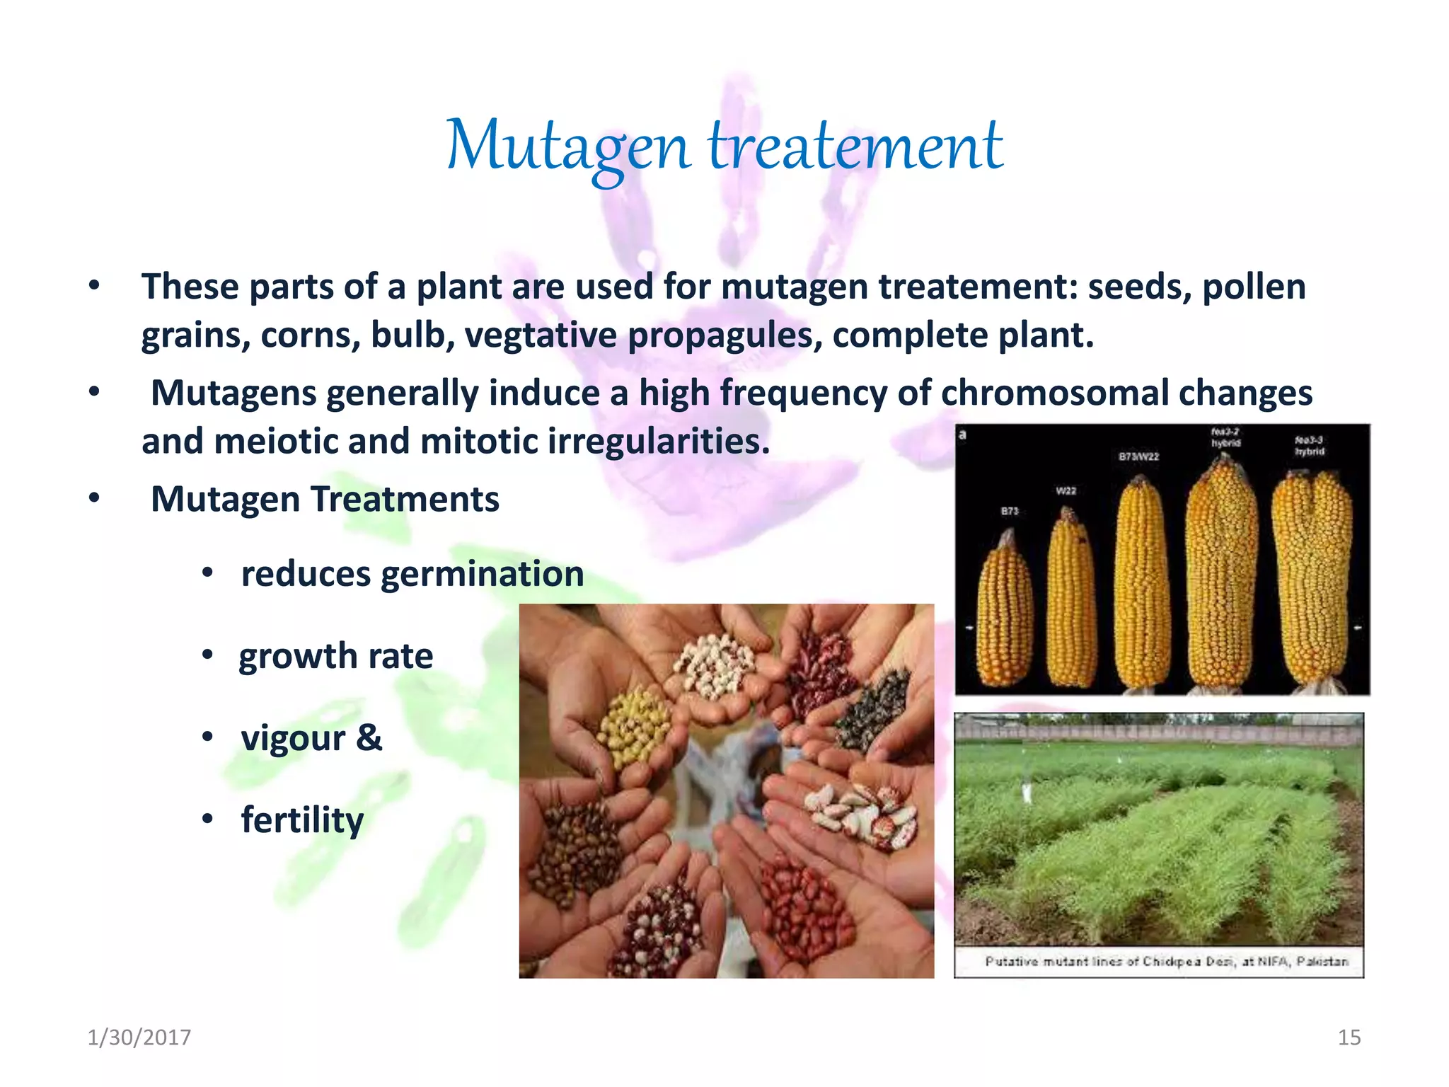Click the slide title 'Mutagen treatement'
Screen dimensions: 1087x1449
point(724,147)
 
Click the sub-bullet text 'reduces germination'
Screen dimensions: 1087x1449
point(412,573)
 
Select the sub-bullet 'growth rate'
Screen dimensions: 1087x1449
point(335,656)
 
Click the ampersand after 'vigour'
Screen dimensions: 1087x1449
point(369,737)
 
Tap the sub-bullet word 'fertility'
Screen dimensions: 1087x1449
point(302,820)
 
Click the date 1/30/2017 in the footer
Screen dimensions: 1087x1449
point(139,1037)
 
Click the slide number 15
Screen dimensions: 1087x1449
point(1349,1037)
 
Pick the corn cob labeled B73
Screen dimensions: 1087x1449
point(1005,612)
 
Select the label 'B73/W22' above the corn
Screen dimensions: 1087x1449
point(1138,457)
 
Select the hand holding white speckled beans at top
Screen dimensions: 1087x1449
point(715,665)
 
